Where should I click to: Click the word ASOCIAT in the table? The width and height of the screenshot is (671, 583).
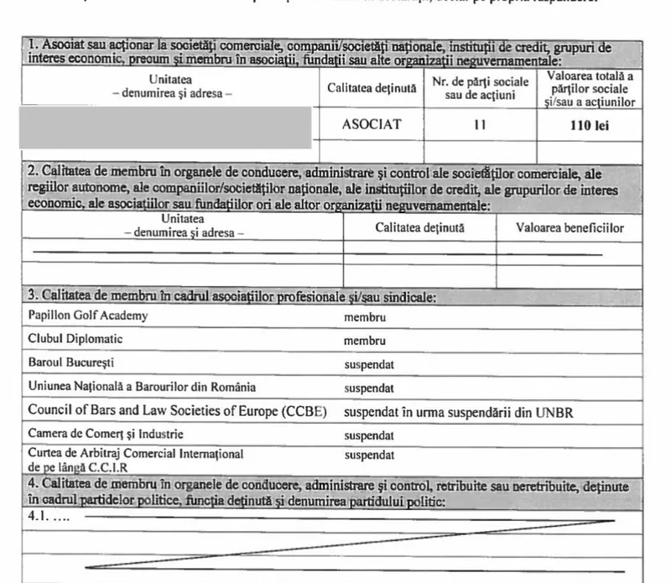(372, 125)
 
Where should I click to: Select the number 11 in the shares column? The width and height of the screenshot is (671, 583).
(480, 125)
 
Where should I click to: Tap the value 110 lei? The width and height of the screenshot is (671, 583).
(587, 125)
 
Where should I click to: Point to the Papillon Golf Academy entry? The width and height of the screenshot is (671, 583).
(87, 315)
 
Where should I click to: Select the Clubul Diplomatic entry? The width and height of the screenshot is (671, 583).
(75, 339)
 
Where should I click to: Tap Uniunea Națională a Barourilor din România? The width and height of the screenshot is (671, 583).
(142, 388)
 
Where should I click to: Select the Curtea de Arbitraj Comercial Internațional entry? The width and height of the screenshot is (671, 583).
(136, 454)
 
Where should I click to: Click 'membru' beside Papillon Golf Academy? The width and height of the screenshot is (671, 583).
(365, 317)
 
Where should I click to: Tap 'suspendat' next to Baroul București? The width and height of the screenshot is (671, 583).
(369, 365)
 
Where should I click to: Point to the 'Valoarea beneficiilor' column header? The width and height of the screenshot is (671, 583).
(570, 227)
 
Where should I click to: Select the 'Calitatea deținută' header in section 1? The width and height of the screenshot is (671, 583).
(372, 87)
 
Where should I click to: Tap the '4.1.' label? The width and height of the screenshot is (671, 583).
(40, 518)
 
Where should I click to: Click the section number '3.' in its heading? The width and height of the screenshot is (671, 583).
(33, 296)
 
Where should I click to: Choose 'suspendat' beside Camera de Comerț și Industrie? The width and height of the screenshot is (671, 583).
(369, 436)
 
